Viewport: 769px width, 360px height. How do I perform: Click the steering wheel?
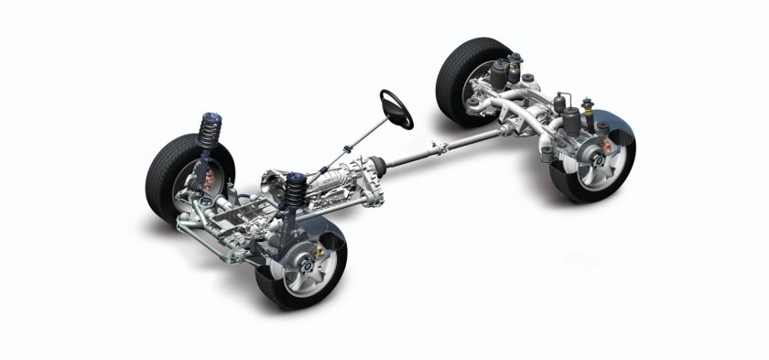(396, 109)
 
